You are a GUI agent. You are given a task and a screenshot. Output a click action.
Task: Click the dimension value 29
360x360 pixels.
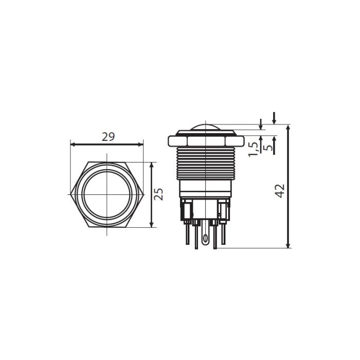click(x=108, y=137)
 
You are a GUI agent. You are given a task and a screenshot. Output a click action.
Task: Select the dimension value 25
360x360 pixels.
click(x=158, y=194)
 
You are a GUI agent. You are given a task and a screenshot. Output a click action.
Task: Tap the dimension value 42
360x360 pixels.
click(x=280, y=191)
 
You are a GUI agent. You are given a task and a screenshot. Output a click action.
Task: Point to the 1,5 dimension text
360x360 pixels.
click(x=254, y=149)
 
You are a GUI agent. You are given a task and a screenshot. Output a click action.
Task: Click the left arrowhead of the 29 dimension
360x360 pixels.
click(x=73, y=145)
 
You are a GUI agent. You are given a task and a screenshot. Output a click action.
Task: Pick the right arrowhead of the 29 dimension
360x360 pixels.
click(x=141, y=145)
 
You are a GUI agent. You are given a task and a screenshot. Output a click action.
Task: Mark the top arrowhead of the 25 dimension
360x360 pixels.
click(x=151, y=165)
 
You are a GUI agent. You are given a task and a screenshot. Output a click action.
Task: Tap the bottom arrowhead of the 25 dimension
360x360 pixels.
click(x=151, y=225)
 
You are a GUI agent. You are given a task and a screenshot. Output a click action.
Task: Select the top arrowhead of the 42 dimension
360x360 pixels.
click(x=289, y=127)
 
